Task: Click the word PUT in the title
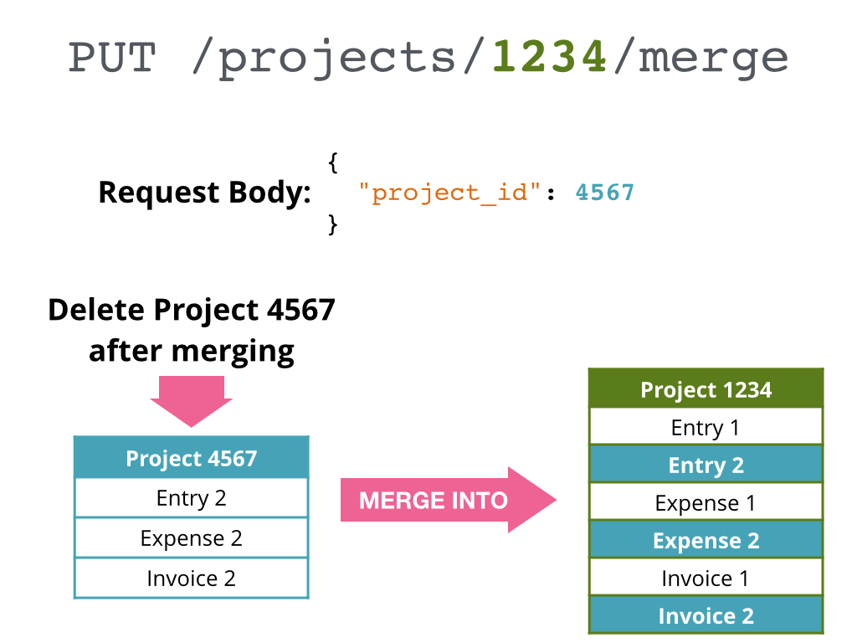tap(112, 58)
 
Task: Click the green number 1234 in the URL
tap(549, 58)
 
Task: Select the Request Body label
tap(204, 193)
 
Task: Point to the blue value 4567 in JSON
tap(605, 193)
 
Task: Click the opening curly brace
tap(333, 162)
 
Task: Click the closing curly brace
tap(333, 224)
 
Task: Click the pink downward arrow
tap(192, 400)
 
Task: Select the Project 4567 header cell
tap(192, 458)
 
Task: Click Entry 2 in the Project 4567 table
tap(192, 498)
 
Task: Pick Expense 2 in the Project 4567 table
tap(192, 538)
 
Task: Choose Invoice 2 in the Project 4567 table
tap(192, 579)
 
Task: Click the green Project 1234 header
tap(706, 389)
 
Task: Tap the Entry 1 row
tap(706, 427)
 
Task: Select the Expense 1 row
tap(706, 502)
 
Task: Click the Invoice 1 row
tap(706, 578)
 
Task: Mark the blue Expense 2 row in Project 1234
tap(706, 540)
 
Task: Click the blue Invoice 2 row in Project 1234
tap(706, 615)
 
